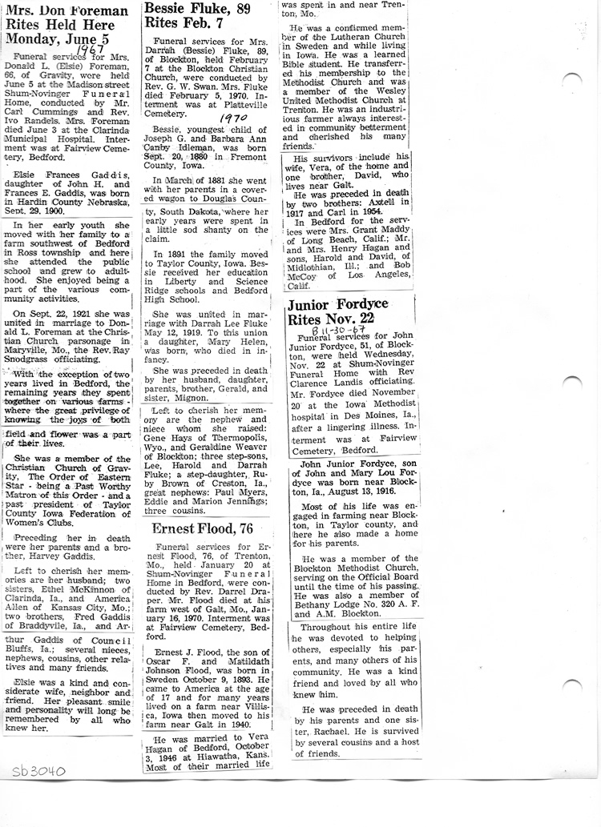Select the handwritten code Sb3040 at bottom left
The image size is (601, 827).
click(x=38, y=772)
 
